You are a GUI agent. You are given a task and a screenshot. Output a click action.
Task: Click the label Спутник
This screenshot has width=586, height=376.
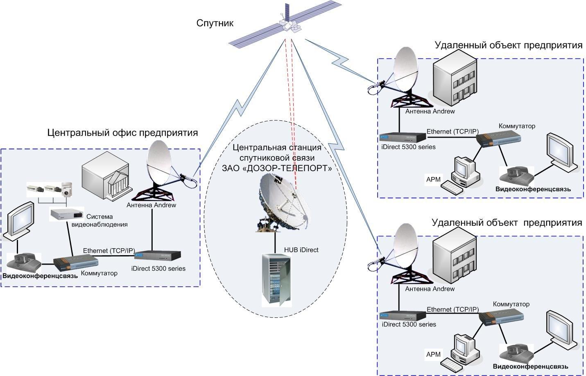coord(215,23)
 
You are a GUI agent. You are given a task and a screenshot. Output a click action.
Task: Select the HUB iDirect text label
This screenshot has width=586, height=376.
coord(301,250)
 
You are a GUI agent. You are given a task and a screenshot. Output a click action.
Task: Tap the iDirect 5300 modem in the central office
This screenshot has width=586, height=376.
coord(158,255)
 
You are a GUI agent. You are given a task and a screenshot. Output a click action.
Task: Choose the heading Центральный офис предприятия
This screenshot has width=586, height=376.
coord(122,133)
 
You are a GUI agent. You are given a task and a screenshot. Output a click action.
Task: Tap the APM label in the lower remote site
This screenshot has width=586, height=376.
coord(433,354)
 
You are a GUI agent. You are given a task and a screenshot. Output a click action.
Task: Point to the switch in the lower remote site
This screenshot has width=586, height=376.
coord(502,317)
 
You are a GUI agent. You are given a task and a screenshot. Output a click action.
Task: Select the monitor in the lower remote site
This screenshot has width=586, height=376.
coord(561,328)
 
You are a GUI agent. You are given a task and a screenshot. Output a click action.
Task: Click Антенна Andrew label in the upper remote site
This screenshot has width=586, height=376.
coord(430,111)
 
